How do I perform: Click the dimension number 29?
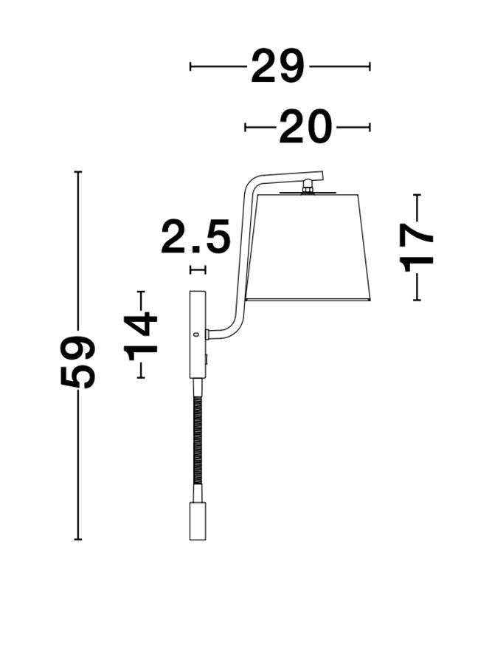[277, 66]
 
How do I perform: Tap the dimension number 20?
[305, 127]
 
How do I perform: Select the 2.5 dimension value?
[195, 237]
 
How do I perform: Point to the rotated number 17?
[417, 247]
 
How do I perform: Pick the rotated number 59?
[77, 361]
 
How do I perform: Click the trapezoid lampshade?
[308, 247]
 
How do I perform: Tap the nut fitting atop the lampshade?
[308, 186]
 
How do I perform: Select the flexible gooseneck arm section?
[198, 440]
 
